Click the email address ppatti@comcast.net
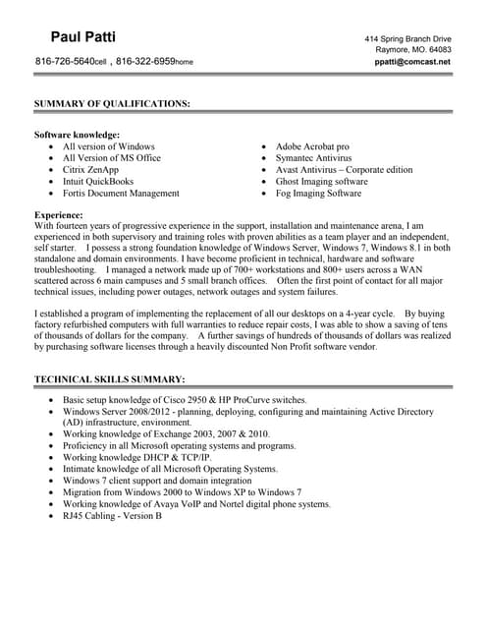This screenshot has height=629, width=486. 412,62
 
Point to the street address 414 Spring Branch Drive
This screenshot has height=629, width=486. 407,37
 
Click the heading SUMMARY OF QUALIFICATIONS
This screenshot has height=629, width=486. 112,102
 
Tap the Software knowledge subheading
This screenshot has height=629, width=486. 77,135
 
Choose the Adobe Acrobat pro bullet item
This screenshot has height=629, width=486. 312,146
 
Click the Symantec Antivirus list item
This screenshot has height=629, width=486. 313,158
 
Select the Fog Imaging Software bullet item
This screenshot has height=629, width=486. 318,194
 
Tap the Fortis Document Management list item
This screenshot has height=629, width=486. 121,194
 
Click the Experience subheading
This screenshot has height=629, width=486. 58,213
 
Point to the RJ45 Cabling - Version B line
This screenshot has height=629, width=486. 112,516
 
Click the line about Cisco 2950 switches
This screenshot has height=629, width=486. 185,401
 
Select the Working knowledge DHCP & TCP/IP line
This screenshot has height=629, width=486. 137,457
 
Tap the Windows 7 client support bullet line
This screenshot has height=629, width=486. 157,481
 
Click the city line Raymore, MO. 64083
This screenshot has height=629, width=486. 413,49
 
